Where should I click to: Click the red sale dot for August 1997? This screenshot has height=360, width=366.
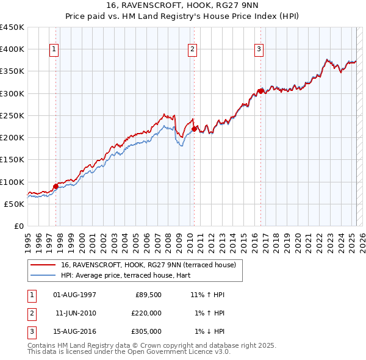pyautogui.click(x=56, y=186)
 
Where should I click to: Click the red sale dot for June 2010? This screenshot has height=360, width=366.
pyautogui.click(x=194, y=129)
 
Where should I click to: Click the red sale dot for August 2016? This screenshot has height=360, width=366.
pyautogui.click(x=260, y=92)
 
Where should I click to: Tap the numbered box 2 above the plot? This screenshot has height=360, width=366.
pyautogui.click(x=192, y=49)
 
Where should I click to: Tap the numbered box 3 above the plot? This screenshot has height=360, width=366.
pyautogui.click(x=259, y=49)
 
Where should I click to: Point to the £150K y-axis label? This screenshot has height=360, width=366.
pyautogui.click(x=12, y=160)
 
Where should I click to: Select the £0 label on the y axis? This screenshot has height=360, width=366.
pyautogui.click(x=19, y=226)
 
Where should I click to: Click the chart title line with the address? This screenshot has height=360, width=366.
pyautogui.click(x=183, y=7)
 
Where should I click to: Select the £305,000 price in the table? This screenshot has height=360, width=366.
pyautogui.click(x=146, y=331)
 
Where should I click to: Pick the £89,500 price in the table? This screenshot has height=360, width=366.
pyautogui.click(x=148, y=295)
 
